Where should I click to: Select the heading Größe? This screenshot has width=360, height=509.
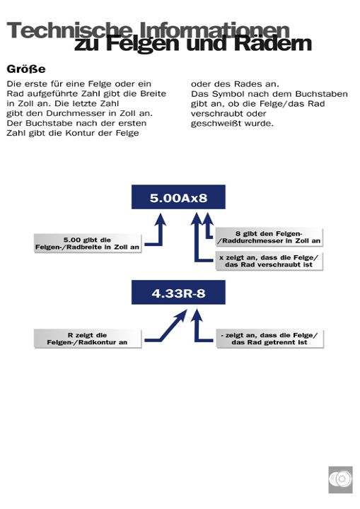point(26,69)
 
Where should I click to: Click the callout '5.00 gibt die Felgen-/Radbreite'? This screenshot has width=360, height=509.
point(88,243)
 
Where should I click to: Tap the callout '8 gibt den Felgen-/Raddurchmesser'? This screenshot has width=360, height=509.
point(268,238)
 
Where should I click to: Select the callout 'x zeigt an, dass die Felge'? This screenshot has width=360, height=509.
point(268,260)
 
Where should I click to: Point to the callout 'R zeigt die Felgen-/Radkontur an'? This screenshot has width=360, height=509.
point(88,339)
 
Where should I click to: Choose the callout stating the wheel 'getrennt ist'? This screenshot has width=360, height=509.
point(268,339)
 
